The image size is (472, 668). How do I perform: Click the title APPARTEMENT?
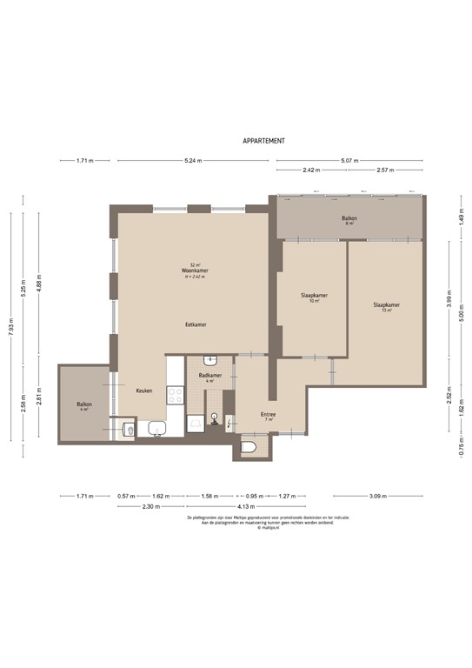pyautogui.click(x=263, y=140)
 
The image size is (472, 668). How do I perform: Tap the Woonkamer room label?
pyautogui.click(x=195, y=271)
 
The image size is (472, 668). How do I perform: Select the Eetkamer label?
pyautogui.click(x=196, y=324)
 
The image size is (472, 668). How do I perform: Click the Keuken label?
pyautogui.click(x=144, y=391)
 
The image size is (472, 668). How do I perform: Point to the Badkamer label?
pyautogui.click(x=210, y=376)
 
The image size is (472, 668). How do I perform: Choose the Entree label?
pyautogui.click(x=269, y=414)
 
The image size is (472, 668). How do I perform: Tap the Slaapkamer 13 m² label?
pyautogui.click(x=386, y=305)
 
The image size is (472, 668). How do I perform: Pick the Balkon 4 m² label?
pyautogui.click(x=84, y=404)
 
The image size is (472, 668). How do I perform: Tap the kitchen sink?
pyautogui.click(x=157, y=427)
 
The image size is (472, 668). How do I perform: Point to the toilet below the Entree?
pyautogui.click(x=249, y=448)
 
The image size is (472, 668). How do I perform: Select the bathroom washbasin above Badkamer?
pyautogui.click(x=210, y=360)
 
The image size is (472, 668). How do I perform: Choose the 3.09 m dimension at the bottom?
pyautogui.click(x=377, y=497)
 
